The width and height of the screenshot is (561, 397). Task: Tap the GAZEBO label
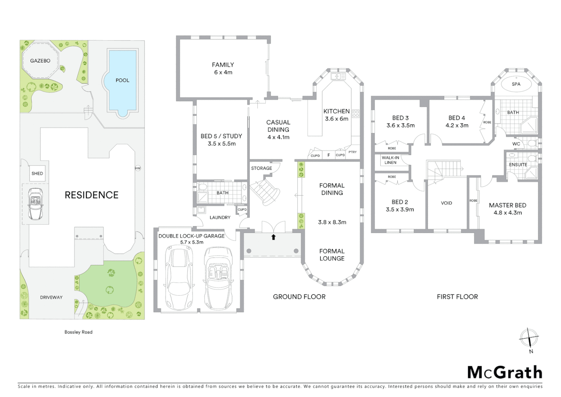(x=40, y=61)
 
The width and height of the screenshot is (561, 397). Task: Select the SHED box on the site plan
(x=37, y=174)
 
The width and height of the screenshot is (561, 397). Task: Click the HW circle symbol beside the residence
(x=138, y=168)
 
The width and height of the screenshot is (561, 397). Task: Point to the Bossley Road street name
(x=78, y=332)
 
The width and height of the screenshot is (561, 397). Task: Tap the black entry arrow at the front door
(x=273, y=237)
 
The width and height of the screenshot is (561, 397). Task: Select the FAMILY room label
(x=223, y=65)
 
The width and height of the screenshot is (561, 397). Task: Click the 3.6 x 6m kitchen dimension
(x=336, y=119)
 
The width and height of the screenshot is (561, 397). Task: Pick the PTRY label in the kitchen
(x=352, y=152)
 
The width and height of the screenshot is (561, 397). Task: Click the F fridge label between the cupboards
(x=329, y=155)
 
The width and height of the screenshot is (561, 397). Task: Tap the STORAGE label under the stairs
(x=261, y=168)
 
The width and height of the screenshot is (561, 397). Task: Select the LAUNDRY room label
(x=220, y=217)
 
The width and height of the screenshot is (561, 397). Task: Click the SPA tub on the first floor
(x=516, y=84)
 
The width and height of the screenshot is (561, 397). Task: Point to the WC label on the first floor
(x=516, y=144)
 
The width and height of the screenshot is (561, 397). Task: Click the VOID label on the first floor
(x=446, y=203)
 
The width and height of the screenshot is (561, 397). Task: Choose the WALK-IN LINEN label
(x=390, y=160)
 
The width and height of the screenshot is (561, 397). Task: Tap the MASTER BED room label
(x=507, y=205)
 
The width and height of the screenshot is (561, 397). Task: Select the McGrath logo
(x=504, y=372)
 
